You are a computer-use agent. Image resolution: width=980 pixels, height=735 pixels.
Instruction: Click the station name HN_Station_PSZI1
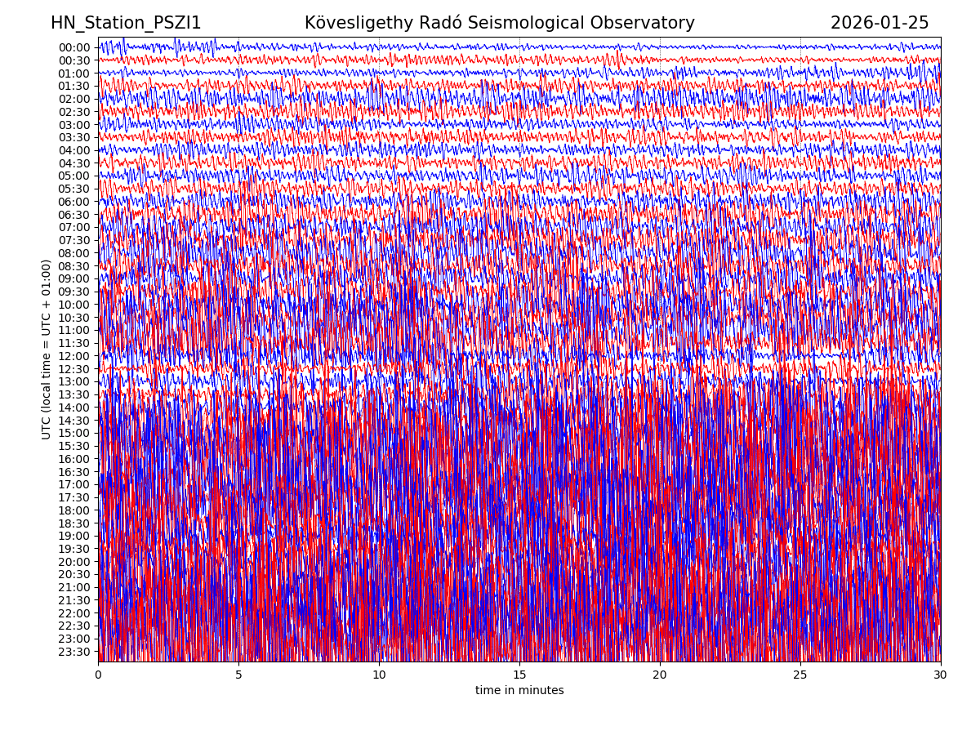[x=126, y=24]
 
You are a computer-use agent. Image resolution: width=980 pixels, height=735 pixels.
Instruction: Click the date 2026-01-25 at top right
[x=880, y=24]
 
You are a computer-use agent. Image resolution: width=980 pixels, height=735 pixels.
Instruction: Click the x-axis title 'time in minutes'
[x=519, y=691]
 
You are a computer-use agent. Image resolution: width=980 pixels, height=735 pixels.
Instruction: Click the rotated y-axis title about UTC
[x=47, y=350]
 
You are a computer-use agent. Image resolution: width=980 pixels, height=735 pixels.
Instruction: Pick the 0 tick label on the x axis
[x=98, y=675]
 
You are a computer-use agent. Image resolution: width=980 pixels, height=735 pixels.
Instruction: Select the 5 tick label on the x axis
[x=238, y=675]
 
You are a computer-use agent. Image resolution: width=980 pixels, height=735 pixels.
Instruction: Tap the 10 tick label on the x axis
[x=379, y=675]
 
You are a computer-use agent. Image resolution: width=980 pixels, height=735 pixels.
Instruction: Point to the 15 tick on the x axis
[x=519, y=675]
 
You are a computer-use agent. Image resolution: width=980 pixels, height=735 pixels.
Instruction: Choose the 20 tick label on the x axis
[x=660, y=675]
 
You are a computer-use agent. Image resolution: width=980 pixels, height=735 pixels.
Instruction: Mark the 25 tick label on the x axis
[x=800, y=675]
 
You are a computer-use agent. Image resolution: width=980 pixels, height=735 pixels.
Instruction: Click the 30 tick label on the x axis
[x=941, y=675]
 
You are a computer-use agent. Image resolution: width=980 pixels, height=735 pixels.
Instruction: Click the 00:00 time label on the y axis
[x=73, y=47]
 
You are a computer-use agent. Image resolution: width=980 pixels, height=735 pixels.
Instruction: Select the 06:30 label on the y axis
[x=73, y=215]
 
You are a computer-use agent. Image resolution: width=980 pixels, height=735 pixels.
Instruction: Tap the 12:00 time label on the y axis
[x=73, y=356]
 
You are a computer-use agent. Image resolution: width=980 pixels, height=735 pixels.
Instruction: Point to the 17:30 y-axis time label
[x=73, y=497]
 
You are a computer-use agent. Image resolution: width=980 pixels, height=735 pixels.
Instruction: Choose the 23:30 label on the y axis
[x=73, y=652]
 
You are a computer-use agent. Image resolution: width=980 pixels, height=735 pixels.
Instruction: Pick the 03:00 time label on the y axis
[x=73, y=125]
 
